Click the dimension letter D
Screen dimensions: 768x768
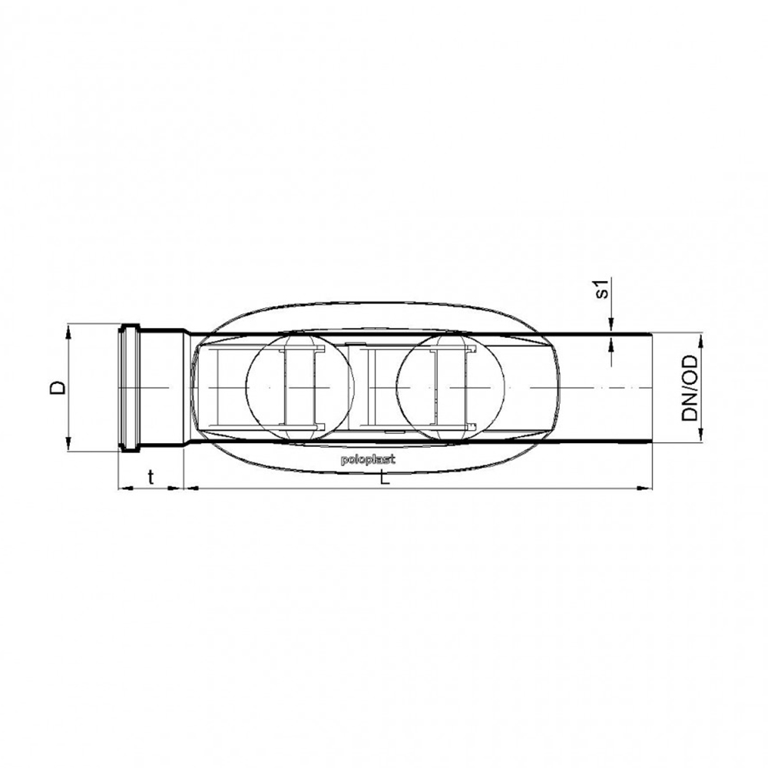tap(58, 387)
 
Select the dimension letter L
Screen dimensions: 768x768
tap(385, 478)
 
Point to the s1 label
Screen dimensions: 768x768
tap(603, 289)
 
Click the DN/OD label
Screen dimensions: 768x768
tap(690, 388)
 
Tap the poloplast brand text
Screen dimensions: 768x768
tap(368, 460)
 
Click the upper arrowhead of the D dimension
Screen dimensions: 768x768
tap(68, 333)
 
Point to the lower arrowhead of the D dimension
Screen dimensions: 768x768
tap(68, 443)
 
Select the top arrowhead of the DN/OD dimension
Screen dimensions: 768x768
tap(701, 342)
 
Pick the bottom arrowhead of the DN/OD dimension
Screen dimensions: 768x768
tap(701, 434)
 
